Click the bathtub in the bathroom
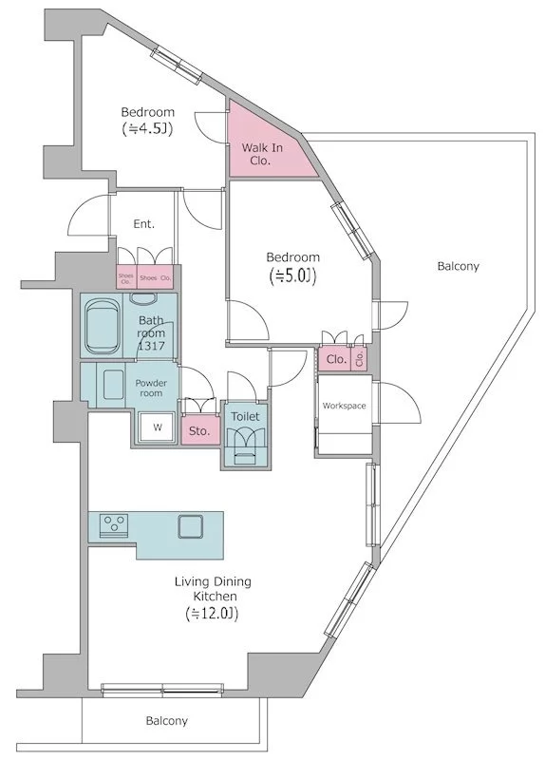click(x=102, y=326)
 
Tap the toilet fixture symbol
click(x=246, y=445)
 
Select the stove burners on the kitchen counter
click(x=114, y=525)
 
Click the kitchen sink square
click(x=190, y=526)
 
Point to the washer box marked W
click(x=157, y=427)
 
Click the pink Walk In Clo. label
click(x=262, y=154)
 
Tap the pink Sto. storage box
click(x=199, y=430)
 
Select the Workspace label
click(x=344, y=406)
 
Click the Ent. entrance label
click(x=144, y=224)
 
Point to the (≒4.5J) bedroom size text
click(x=147, y=129)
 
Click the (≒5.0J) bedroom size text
click(x=292, y=275)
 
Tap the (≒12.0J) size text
click(x=212, y=614)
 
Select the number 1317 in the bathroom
click(x=151, y=346)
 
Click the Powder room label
click(x=151, y=388)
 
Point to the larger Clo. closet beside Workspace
click(x=336, y=359)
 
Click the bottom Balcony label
click(x=167, y=721)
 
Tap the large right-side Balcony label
click(x=458, y=266)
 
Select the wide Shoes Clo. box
click(x=155, y=277)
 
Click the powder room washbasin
click(x=113, y=385)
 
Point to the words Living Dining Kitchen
click(x=213, y=588)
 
